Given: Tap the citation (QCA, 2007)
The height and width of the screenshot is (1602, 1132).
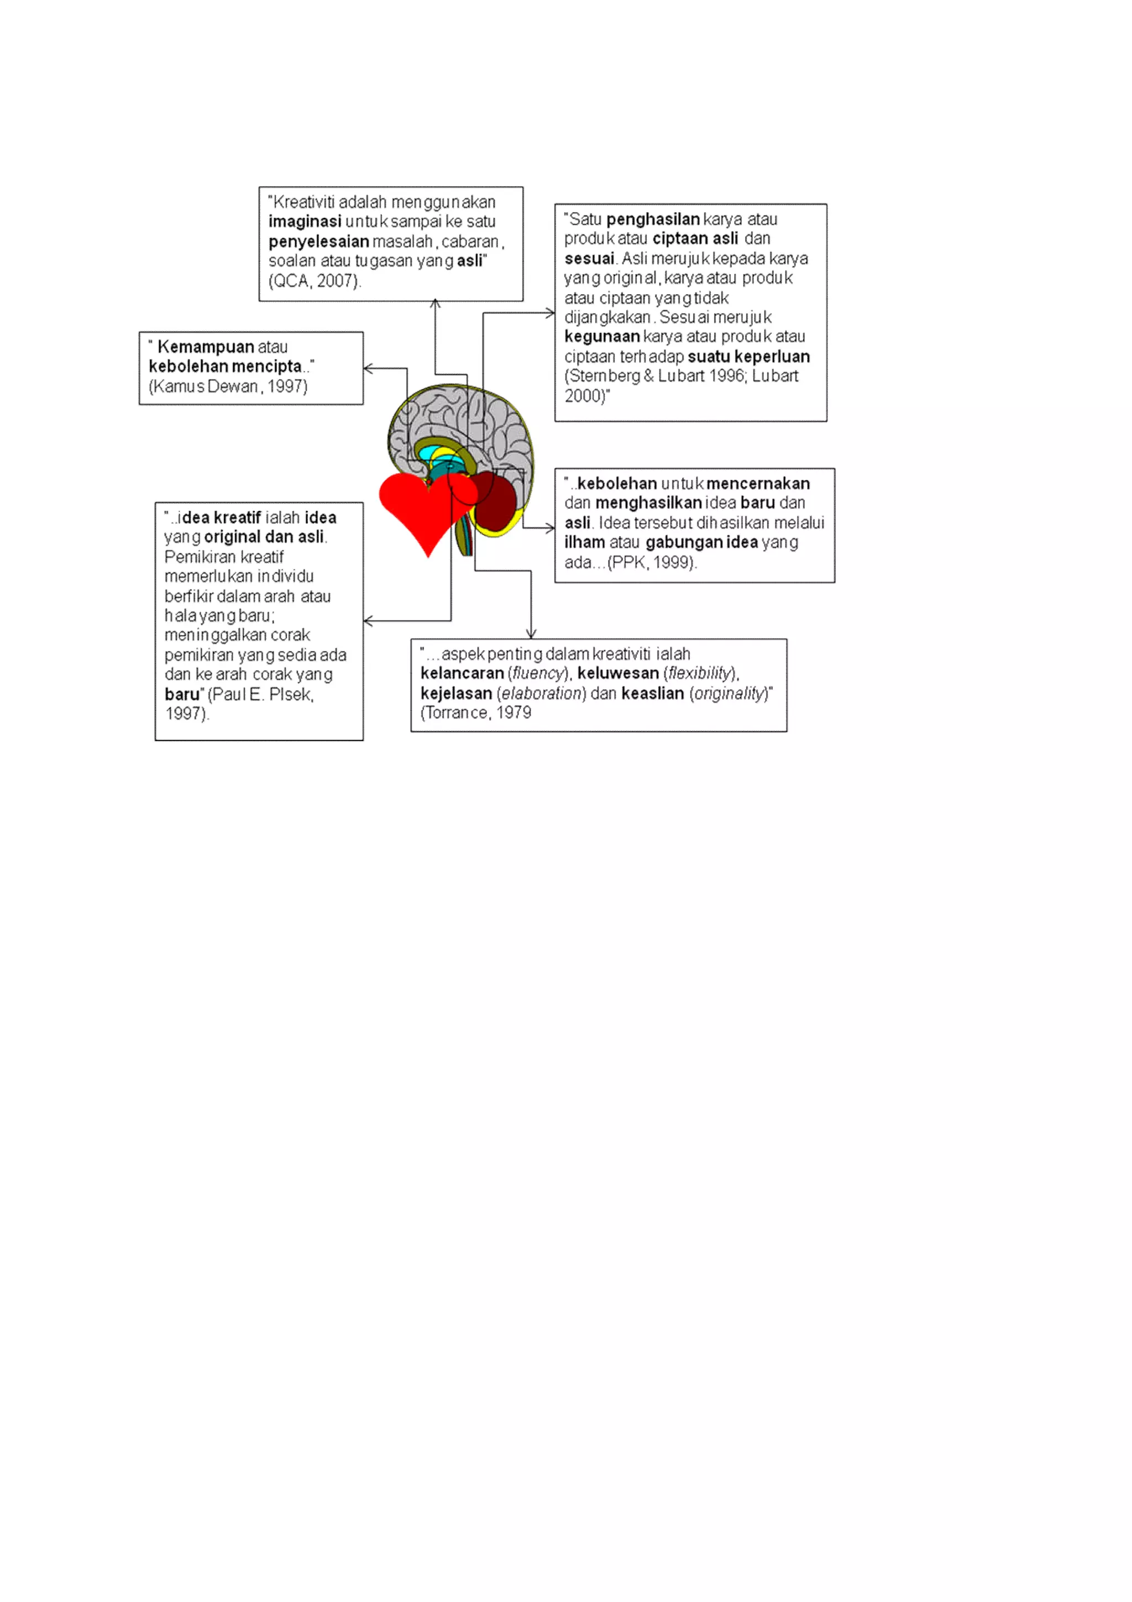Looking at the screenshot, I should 315,281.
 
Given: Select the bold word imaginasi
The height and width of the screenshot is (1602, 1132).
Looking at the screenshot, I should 305,222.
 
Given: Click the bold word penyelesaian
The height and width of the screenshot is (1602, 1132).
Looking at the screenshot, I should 319,242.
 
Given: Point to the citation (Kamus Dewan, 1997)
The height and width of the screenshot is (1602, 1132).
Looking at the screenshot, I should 228,386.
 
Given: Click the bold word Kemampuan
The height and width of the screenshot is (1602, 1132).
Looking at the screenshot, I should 206,347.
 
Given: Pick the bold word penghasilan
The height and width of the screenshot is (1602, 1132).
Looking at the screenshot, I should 653,219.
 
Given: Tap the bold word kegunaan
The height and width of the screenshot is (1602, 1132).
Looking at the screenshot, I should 602,337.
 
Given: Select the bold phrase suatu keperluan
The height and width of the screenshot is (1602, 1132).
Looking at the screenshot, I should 748,357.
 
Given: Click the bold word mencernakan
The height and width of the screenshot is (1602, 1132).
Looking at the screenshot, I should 758,484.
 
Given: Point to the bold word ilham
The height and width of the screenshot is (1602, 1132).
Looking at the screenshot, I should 584,542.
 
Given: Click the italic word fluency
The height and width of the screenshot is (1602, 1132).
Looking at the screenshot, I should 538,673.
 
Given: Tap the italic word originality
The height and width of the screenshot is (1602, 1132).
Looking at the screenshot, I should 730,694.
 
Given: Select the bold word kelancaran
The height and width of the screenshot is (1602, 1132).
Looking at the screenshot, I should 462,673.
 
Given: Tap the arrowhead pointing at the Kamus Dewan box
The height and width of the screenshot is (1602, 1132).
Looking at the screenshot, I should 368,368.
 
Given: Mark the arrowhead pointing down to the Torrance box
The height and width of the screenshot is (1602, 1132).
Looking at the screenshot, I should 532,634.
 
